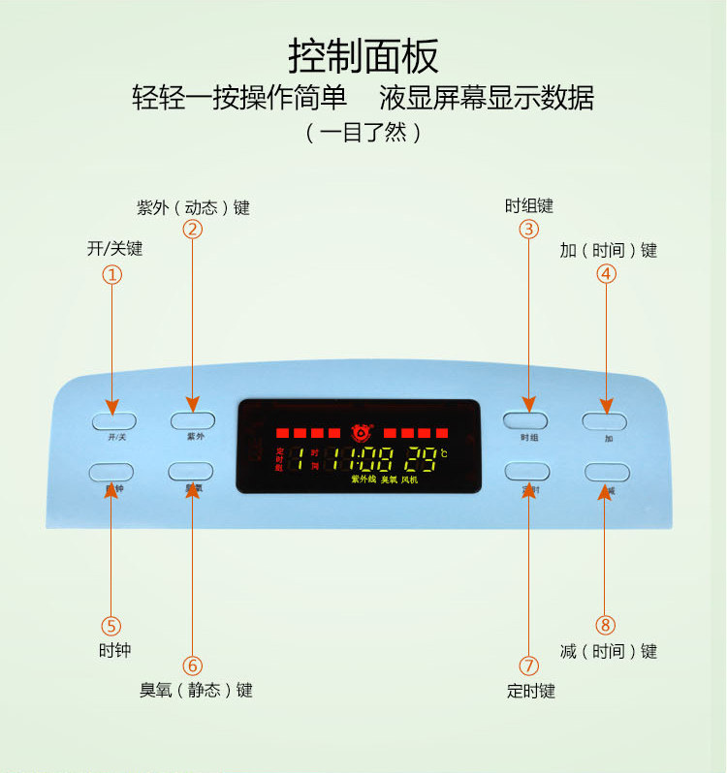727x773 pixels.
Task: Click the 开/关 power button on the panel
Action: tap(113, 420)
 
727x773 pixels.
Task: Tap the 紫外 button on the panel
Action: tap(192, 420)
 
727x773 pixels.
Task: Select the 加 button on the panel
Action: tap(605, 421)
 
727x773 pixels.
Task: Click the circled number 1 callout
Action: tap(112, 274)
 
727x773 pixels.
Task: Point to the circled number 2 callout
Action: tap(192, 230)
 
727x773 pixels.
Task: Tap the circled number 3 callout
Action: tap(528, 230)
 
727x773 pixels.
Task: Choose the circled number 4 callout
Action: tap(606, 274)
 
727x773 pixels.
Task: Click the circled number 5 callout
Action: tap(112, 626)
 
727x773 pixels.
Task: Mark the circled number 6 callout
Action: tap(192, 665)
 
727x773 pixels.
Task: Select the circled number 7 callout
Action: tap(529, 665)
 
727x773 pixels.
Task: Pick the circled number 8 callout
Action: tap(606, 626)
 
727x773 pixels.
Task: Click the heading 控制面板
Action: tap(363, 55)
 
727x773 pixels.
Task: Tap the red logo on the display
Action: tap(362, 431)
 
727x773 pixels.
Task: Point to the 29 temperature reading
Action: tap(422, 459)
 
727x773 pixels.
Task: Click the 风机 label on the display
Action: tap(409, 479)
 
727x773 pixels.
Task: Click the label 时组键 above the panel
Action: tap(529, 205)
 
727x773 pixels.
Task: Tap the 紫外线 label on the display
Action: tap(363, 479)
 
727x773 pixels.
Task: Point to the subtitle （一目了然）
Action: tap(363, 133)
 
